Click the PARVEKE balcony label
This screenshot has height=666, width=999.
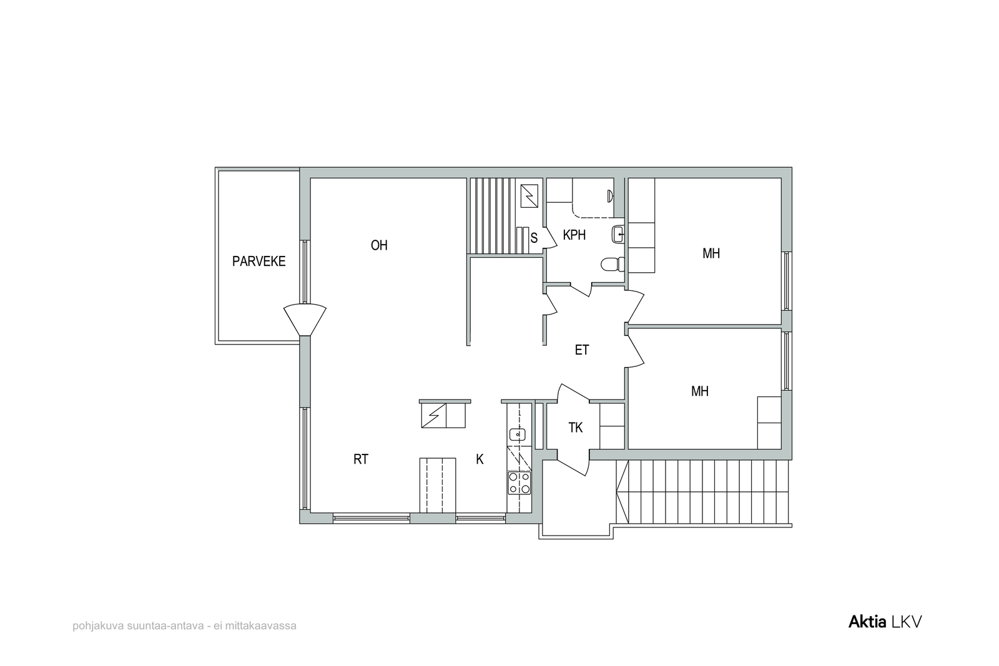click(x=258, y=262)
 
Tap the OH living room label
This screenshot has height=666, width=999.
click(x=379, y=245)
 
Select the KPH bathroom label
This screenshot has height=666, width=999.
click(x=574, y=235)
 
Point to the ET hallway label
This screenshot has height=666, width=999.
click(x=581, y=350)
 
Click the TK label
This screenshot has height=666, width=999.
click(x=575, y=428)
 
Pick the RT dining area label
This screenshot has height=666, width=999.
click(x=361, y=459)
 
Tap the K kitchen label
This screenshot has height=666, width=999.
click(x=480, y=459)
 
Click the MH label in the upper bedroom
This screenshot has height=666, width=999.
click(x=711, y=253)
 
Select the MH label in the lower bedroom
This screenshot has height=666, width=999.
click(x=700, y=391)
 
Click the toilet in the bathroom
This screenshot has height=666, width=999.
click(x=613, y=264)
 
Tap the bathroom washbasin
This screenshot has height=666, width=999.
click(x=618, y=234)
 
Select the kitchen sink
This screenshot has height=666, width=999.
click(x=518, y=434)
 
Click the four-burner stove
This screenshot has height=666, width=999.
click(x=519, y=482)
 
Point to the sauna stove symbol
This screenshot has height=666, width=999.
click(x=529, y=196)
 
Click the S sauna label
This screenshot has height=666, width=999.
click(x=534, y=238)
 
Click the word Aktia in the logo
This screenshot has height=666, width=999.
click(x=867, y=622)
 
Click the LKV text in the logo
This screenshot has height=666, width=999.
click(x=906, y=622)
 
